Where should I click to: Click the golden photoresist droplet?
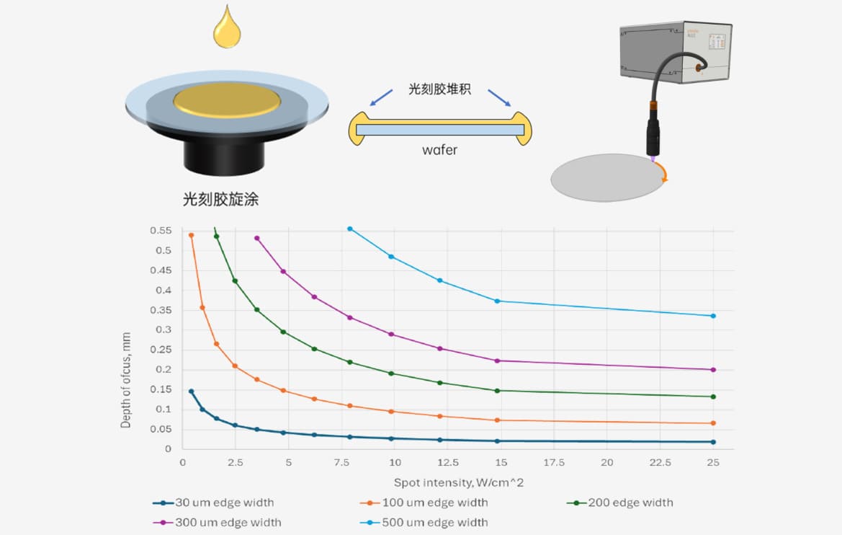227,30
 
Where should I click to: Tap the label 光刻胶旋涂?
220,200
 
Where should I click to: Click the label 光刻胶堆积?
440,89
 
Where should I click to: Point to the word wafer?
440,150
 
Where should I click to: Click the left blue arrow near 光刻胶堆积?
381,98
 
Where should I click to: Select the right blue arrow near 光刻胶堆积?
499,98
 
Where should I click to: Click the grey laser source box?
676,52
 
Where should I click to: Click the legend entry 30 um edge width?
213,503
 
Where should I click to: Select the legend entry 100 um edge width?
424,503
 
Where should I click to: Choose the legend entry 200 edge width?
619,503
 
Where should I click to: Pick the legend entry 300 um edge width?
217,523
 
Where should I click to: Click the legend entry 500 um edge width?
424,523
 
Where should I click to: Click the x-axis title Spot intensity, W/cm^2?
459,483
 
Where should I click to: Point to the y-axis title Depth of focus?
125,380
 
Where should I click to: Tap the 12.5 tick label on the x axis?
448,462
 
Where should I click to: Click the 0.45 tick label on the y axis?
161,270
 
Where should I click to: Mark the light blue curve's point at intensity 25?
713,316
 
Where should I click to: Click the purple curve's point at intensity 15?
497,361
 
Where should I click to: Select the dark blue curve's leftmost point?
191,392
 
